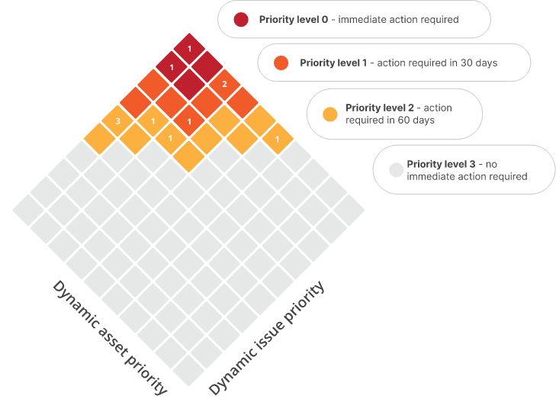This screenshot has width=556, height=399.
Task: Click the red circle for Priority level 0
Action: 241,20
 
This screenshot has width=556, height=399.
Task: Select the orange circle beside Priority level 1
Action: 281,63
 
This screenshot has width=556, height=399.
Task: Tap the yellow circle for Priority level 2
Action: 330,114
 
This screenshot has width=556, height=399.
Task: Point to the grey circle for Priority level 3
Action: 396,169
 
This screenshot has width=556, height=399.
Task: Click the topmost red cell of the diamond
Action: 189,49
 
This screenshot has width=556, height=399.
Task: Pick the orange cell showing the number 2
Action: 224,85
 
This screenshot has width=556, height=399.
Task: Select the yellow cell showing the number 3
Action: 117,121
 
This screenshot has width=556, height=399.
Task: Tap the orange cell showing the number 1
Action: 189,121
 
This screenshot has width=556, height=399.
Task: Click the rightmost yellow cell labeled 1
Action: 278,139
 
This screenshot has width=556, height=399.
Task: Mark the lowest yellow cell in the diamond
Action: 189,156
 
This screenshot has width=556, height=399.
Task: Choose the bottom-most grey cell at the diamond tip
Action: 189,370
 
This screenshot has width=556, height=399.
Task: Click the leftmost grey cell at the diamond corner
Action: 28,210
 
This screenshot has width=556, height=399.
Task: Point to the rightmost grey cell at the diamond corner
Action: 349,210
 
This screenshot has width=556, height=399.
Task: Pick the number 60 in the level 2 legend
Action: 403,121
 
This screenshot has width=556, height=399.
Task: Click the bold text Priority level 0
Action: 294,20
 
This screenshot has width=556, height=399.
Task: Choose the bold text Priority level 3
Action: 441,164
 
